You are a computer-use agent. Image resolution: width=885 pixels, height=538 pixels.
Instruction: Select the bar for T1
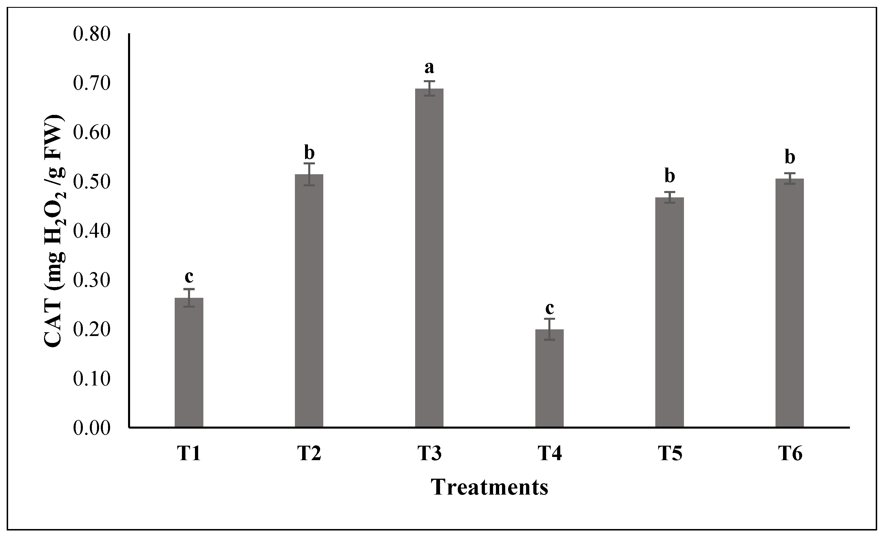coord(189,363)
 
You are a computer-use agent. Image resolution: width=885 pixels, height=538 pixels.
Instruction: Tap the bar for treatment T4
coord(549,378)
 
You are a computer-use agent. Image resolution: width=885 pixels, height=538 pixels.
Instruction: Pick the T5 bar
coord(669,312)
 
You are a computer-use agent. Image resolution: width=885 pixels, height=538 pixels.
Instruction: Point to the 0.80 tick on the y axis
coord(91,35)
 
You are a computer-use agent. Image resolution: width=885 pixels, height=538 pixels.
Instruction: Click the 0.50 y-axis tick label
coord(91,182)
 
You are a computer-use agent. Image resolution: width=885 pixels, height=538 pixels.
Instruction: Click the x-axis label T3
coord(429,454)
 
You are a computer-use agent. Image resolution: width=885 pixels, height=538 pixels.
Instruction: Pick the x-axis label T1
coord(189,454)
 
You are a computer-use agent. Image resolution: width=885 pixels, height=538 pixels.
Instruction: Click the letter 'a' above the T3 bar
coord(429,68)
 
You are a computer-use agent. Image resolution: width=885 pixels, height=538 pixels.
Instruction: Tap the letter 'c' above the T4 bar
coord(550,308)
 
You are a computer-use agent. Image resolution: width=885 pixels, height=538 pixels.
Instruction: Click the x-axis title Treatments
coord(490,487)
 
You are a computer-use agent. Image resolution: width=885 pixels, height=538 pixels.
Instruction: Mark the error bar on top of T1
coord(189,298)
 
